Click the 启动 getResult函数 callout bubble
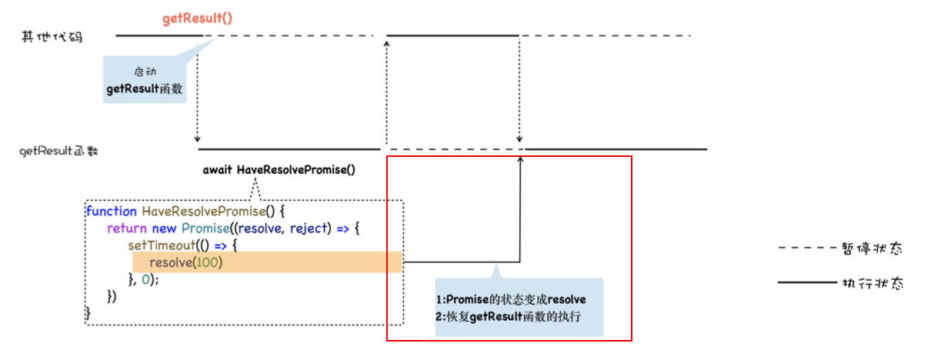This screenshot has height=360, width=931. (x=145, y=81)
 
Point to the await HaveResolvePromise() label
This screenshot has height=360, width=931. (x=279, y=169)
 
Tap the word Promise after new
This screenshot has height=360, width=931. (x=202, y=228)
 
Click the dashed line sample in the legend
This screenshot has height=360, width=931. (x=805, y=248)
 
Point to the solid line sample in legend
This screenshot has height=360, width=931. (x=805, y=283)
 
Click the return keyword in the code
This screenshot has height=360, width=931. (x=126, y=228)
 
